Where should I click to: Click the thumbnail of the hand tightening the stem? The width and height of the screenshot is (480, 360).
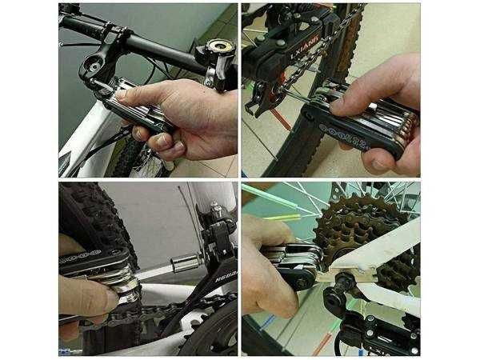click(148, 90)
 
